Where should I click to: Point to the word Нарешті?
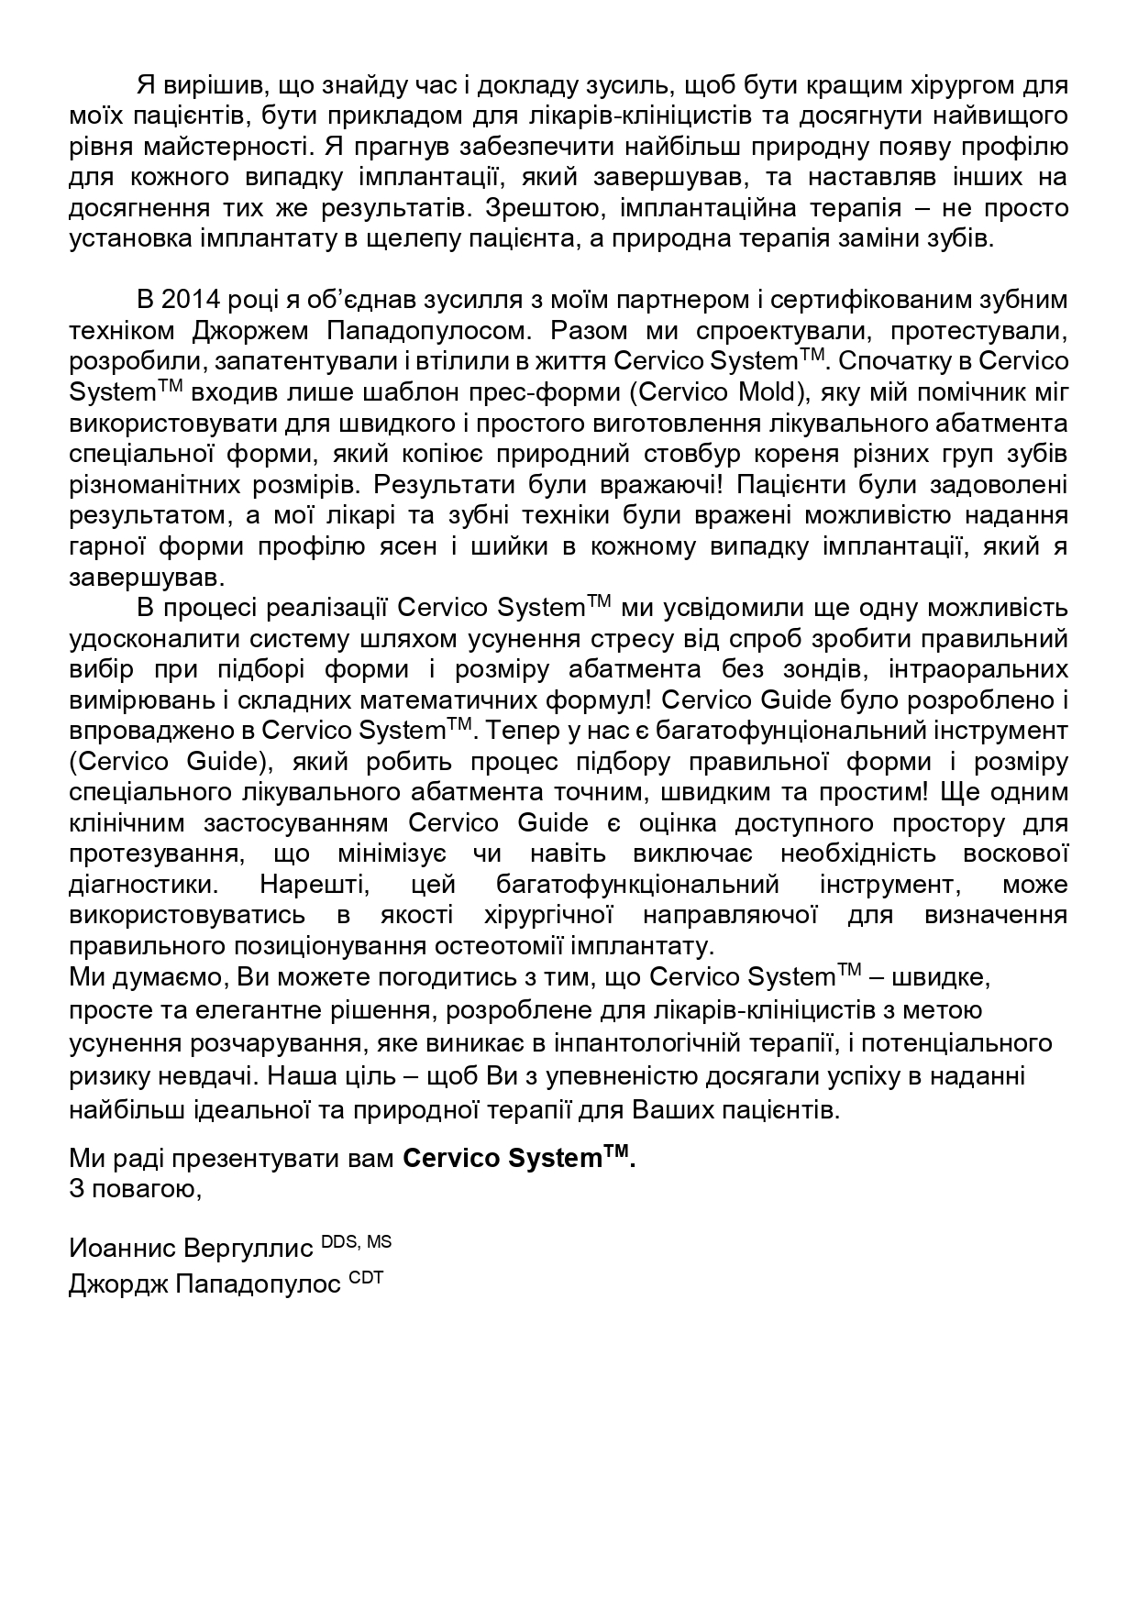pos(303,885)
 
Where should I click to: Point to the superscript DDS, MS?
pos(356,1242)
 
